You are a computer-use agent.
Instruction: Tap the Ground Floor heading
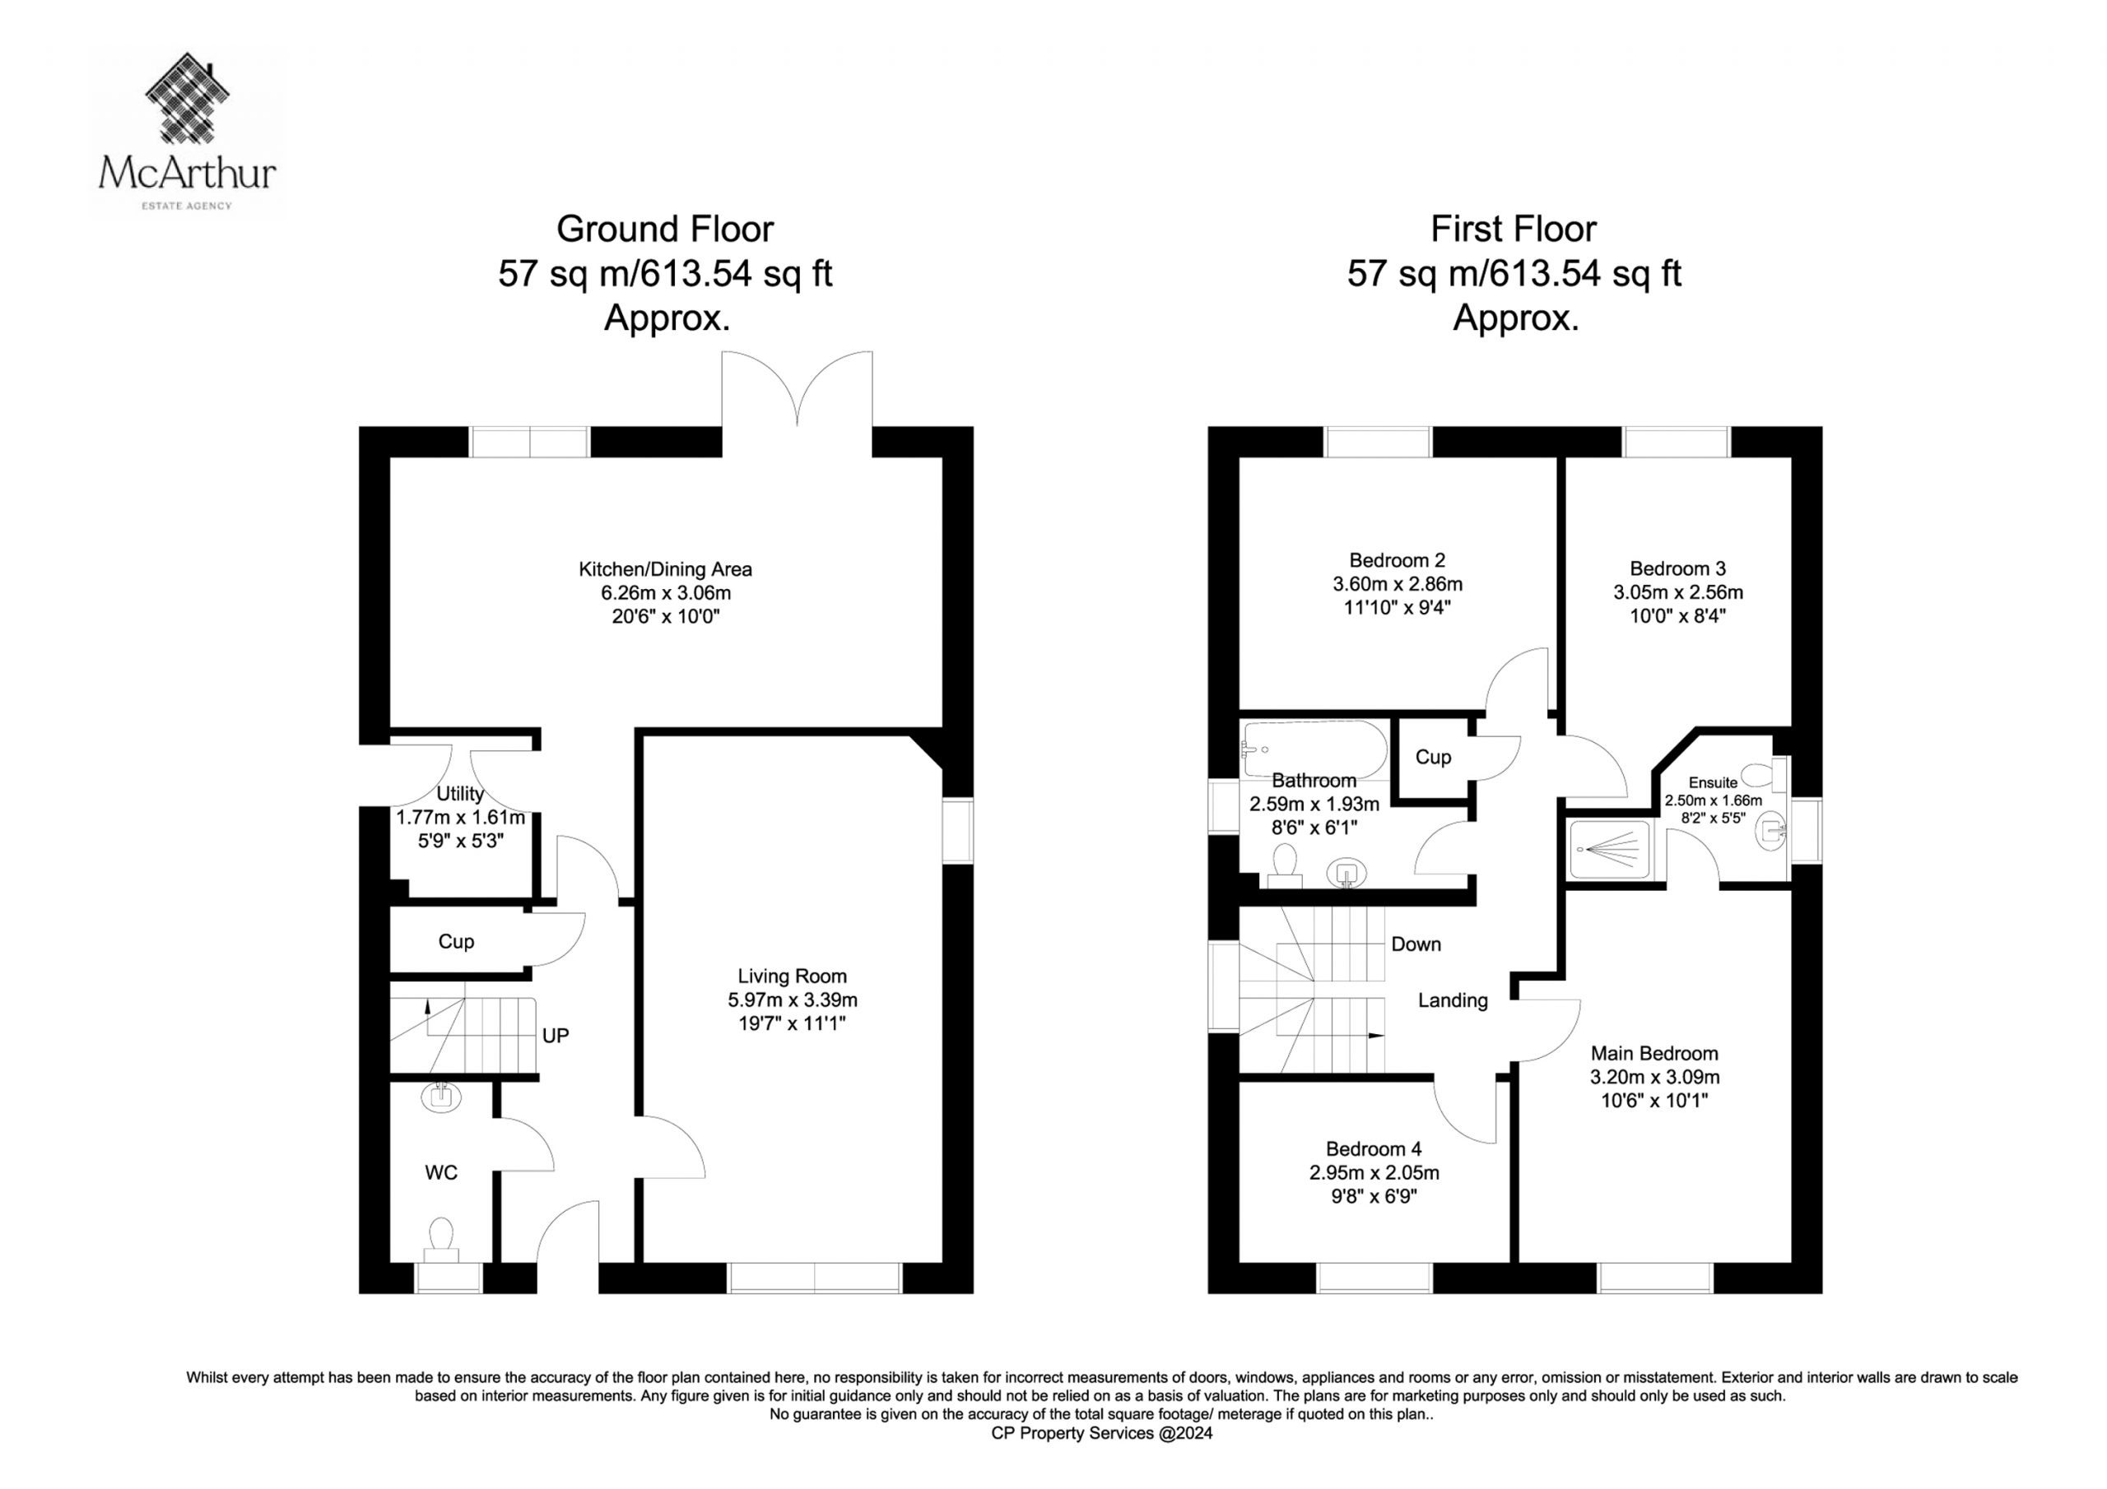coord(665,230)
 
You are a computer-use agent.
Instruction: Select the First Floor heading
coord(1514,230)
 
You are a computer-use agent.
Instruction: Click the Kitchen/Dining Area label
coord(665,568)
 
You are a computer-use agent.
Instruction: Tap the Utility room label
coord(460,794)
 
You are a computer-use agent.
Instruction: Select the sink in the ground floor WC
coord(441,1097)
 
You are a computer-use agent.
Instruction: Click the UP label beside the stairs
coord(556,1036)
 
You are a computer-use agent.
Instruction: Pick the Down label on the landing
coord(1416,944)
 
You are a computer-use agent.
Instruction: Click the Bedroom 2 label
coord(1398,559)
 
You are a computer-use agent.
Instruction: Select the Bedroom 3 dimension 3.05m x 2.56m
coord(1678,592)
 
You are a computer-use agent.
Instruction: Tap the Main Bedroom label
coord(1654,1053)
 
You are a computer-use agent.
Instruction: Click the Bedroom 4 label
coord(1374,1148)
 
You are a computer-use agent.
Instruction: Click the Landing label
coord(1453,1001)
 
